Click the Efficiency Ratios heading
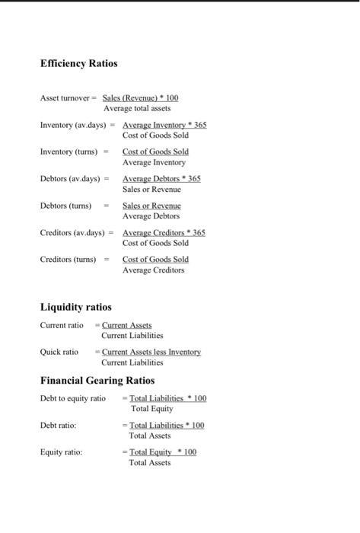[x=78, y=63]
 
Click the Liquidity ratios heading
[x=75, y=307]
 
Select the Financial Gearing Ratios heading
[x=97, y=380]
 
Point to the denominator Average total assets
[x=137, y=108]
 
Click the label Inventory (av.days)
[x=73, y=124]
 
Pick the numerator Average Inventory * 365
[x=164, y=125]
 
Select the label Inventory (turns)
[x=68, y=152]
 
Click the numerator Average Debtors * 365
[x=161, y=178]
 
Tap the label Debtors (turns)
[x=65, y=206]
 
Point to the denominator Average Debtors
[x=151, y=216]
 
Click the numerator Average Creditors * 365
[x=164, y=232]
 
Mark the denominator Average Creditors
[x=153, y=270]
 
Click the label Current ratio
[x=62, y=325]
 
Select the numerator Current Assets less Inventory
[x=151, y=352]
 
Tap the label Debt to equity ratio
[x=73, y=398]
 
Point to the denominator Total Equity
[x=151, y=409]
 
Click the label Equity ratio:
[x=61, y=452]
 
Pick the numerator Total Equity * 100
[x=162, y=452]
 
